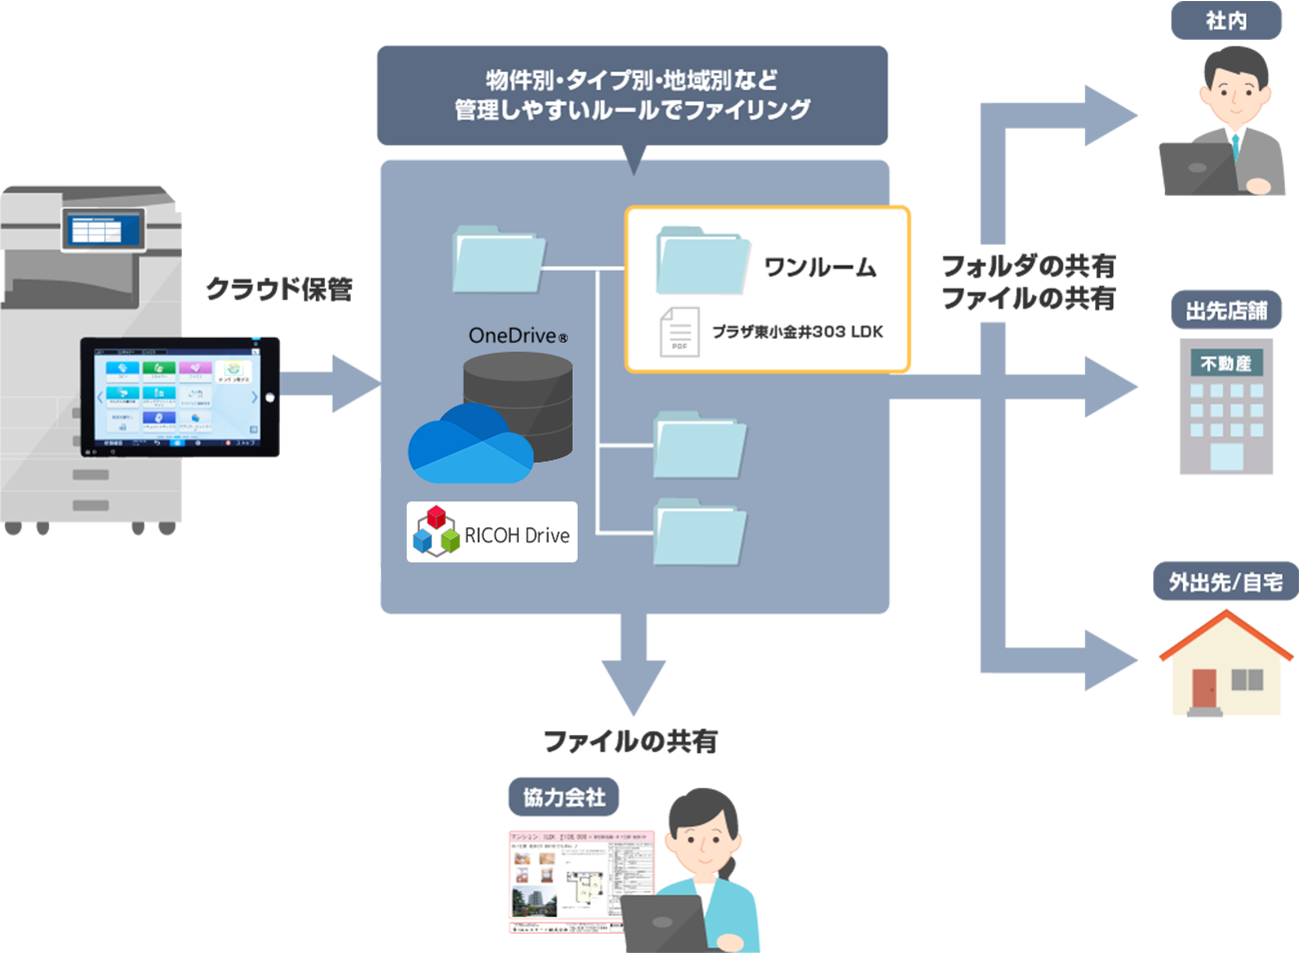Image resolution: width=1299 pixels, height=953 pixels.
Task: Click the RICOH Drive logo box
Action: point(492,532)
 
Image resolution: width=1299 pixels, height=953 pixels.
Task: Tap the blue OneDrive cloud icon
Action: point(468,446)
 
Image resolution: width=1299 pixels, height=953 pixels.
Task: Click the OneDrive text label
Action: point(517,336)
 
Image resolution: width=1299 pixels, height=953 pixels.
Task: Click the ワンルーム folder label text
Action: point(819,267)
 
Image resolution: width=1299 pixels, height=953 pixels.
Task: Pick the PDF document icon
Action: point(679,332)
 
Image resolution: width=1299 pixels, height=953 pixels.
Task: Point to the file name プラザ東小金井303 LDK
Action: point(797,332)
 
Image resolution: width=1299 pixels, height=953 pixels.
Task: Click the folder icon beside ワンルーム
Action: point(702,261)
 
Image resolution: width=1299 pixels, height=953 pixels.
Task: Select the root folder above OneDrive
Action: point(499,259)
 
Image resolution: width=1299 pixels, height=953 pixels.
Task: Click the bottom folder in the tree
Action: point(700,531)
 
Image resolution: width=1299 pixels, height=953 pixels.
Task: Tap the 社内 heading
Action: point(1226,21)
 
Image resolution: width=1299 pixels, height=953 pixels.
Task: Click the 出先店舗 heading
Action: point(1226,311)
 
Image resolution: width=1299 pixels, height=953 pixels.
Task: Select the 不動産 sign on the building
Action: point(1226,363)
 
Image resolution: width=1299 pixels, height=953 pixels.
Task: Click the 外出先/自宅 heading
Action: point(1225,581)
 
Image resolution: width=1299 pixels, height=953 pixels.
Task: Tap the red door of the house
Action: point(1204,687)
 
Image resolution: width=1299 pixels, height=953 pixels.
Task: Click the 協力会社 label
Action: point(565,797)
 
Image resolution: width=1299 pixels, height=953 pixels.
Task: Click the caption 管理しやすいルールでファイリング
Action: point(632,110)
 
